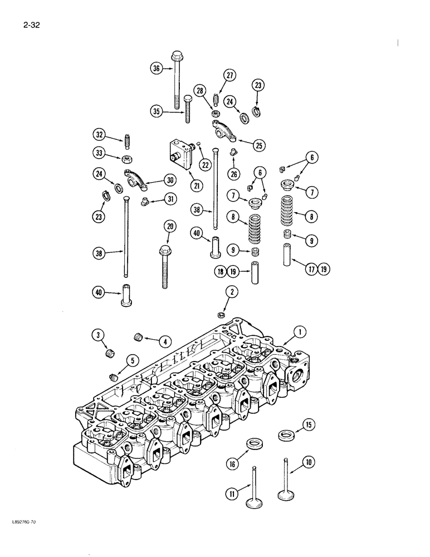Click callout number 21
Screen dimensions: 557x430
click(179, 185)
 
